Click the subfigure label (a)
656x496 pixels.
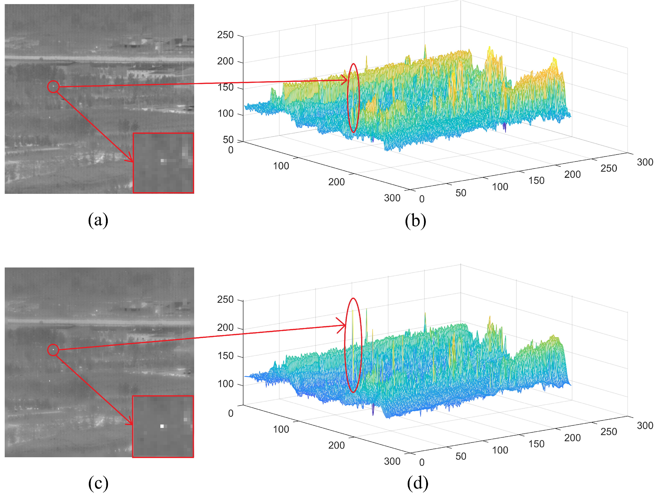pyautogui.click(x=98, y=220)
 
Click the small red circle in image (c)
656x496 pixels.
pyautogui.click(x=53, y=350)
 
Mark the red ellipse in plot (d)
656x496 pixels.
pyautogui.click(x=353, y=345)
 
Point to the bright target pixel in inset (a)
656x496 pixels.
pyautogui.click(x=162, y=161)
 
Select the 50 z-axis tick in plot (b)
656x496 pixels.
pyautogui.click(x=228, y=140)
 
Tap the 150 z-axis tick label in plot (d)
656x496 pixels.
pyautogui.click(x=225, y=356)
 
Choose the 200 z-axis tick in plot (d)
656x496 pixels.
pyautogui.click(x=225, y=328)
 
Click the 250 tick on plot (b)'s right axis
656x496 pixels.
pyautogui.click(x=608, y=168)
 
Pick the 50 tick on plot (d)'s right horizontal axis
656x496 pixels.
pyautogui.click(x=461, y=456)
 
